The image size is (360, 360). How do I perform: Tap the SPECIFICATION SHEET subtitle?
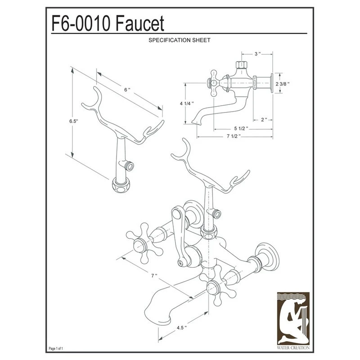180,40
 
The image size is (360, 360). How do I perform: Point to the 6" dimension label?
127,90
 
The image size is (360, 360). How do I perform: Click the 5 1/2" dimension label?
241,128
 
